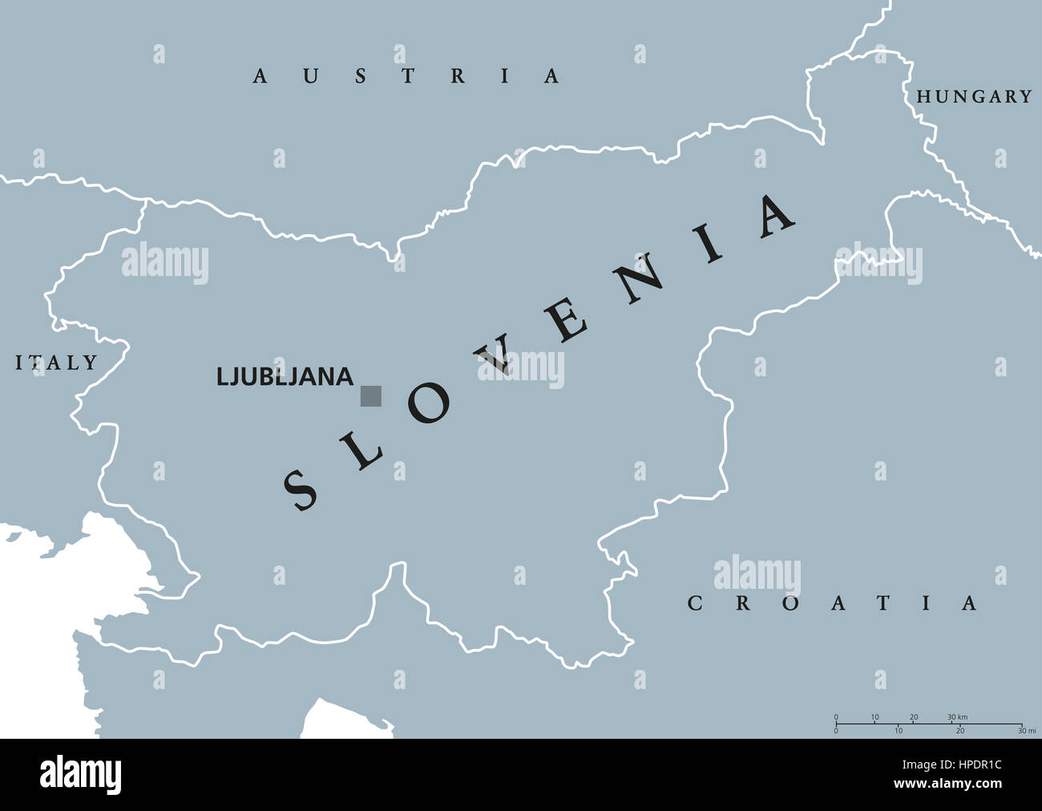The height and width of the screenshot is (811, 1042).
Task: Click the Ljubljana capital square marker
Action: click(371, 395)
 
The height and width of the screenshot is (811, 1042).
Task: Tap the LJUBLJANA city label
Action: click(285, 376)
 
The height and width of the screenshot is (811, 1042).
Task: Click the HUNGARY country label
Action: click(974, 97)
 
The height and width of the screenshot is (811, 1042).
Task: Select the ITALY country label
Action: click(57, 363)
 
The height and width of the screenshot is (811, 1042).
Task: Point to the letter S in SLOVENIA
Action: click(302, 489)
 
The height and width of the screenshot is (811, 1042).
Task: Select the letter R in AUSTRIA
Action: click(458, 76)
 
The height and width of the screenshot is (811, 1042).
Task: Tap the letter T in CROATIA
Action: click(882, 603)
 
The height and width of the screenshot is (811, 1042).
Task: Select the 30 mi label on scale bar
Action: click(1025, 731)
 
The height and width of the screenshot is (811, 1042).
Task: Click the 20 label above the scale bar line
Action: click(914, 716)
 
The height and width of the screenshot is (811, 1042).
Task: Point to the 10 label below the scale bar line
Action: click(899, 731)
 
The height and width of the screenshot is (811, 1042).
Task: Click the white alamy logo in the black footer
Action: click(81, 775)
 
